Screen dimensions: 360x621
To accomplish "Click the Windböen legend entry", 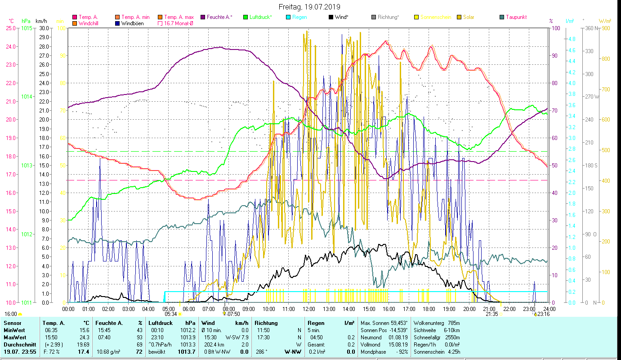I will coord(133,23).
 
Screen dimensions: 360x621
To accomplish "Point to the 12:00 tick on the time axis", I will coord(309,309).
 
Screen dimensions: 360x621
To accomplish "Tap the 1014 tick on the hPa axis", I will coord(27,97).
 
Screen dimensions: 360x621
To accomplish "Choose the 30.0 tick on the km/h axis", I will coord(44,28).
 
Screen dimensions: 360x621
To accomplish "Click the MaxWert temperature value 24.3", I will coord(84,337).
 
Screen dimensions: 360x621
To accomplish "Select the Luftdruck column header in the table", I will coord(159,323).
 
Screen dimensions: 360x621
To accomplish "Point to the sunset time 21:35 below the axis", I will coord(491,314).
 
